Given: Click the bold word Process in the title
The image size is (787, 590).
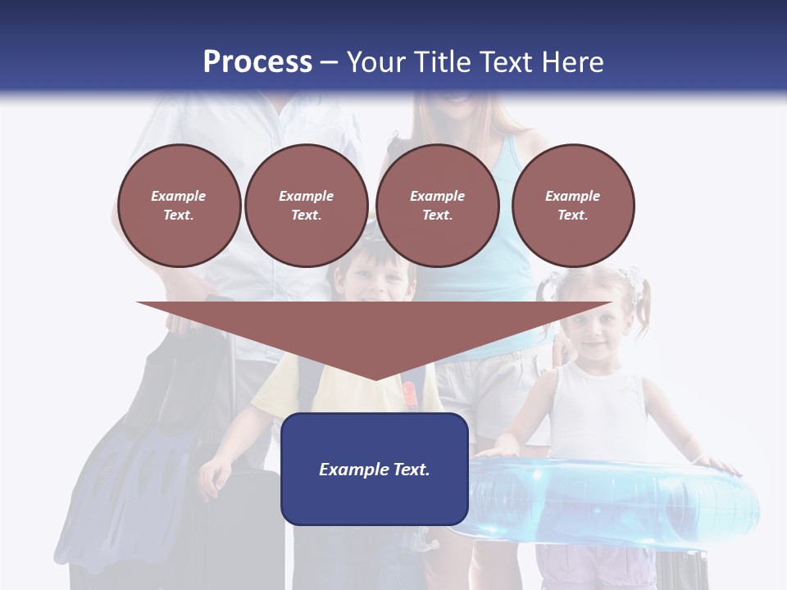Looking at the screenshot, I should click(x=257, y=62).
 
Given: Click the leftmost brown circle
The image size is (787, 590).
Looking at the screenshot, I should click(x=179, y=206).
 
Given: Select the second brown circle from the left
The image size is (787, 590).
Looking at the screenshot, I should click(x=306, y=206).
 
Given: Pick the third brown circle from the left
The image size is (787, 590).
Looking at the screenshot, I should click(x=437, y=206).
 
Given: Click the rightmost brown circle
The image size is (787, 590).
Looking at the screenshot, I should click(x=572, y=206).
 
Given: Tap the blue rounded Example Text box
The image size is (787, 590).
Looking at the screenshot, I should click(x=375, y=469).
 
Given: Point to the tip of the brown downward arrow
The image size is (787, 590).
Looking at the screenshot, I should click(x=375, y=378).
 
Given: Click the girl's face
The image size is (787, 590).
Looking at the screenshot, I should click(x=597, y=324).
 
